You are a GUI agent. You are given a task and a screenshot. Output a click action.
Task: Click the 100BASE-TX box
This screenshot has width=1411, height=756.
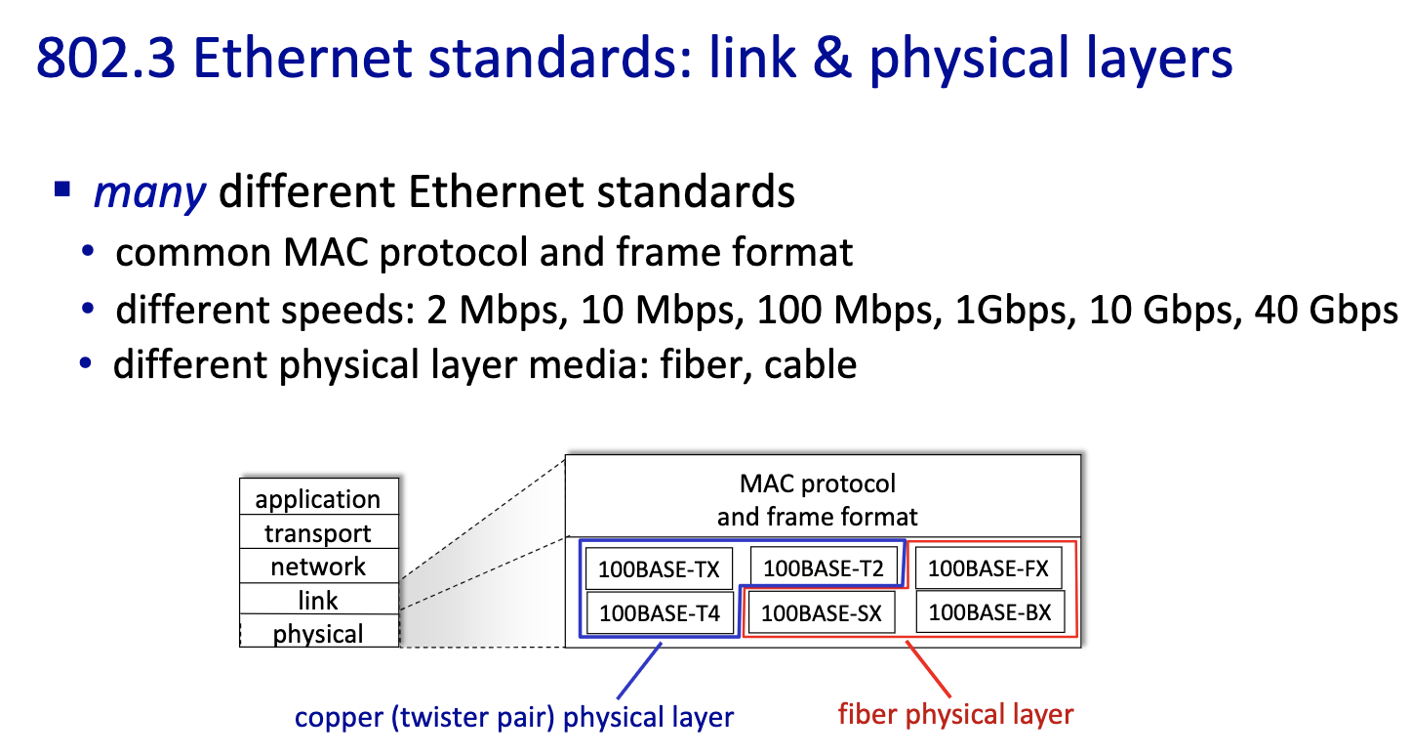click(x=659, y=568)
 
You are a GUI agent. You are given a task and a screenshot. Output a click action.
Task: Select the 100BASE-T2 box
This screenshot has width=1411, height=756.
click(x=824, y=567)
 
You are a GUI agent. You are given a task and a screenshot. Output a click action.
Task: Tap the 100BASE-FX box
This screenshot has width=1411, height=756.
click(x=988, y=567)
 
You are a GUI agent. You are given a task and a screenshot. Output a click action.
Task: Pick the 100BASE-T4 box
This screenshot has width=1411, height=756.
click(x=661, y=612)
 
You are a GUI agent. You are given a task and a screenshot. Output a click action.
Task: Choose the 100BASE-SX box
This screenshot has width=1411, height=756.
click(x=821, y=612)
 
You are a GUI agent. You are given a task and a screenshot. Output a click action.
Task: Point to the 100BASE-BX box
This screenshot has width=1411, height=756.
click(x=990, y=611)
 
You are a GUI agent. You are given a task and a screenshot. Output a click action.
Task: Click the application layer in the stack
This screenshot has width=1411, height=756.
click(x=319, y=497)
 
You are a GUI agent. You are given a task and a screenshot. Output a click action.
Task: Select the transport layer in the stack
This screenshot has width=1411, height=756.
click(x=319, y=532)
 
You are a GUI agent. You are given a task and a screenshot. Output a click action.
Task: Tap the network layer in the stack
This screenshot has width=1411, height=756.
click(x=319, y=567)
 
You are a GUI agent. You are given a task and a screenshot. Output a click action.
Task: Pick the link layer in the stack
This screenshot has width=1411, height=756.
click(x=319, y=599)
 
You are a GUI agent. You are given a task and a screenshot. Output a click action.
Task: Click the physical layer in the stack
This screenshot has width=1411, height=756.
click(x=319, y=631)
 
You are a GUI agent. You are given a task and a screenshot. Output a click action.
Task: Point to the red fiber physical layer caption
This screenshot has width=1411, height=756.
click(x=955, y=714)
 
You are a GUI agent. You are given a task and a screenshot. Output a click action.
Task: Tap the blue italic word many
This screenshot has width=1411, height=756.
click(x=149, y=192)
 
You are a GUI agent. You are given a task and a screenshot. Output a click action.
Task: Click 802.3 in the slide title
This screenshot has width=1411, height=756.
click(x=105, y=58)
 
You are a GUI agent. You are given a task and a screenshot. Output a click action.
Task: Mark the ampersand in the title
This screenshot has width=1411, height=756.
click(x=832, y=58)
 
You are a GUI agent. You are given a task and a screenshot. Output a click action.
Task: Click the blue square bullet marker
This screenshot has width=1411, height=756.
click(x=62, y=189)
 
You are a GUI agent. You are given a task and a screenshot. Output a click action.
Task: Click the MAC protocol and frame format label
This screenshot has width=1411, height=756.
click(x=818, y=500)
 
